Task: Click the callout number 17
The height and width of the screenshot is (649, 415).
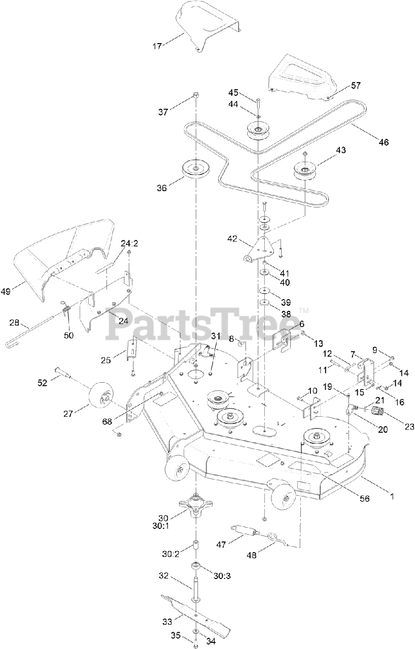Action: pyautogui.click(x=157, y=46)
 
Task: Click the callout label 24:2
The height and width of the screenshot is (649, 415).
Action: pyautogui.click(x=129, y=243)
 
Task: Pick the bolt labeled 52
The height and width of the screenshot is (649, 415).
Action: pyautogui.click(x=63, y=374)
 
